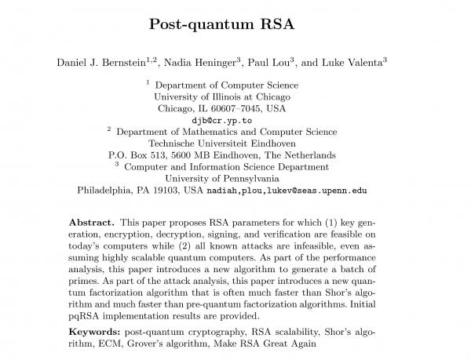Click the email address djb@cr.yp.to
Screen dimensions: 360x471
pyautogui.click(x=235, y=122)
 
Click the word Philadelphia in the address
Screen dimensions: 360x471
pyautogui.click(x=107, y=190)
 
